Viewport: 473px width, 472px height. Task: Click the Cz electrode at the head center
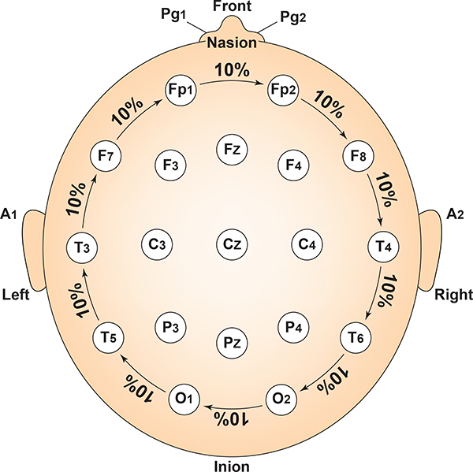pyautogui.click(x=232, y=245)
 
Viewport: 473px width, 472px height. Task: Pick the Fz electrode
pyautogui.click(x=232, y=149)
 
